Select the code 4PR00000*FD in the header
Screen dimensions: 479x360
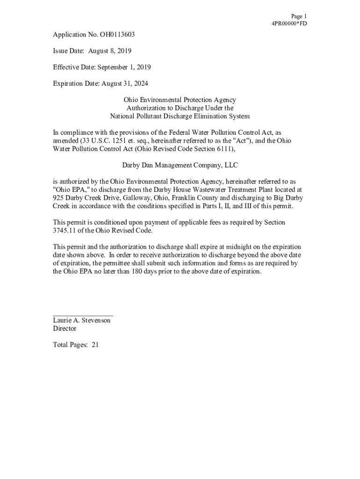(289, 23)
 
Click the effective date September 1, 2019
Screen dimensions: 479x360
(124, 67)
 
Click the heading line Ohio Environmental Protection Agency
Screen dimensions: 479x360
(180, 100)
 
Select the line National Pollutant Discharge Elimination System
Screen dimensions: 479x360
(180, 116)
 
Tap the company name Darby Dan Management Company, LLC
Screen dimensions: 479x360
(180, 165)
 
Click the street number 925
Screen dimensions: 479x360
(58, 198)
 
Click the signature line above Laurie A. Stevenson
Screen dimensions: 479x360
(83, 316)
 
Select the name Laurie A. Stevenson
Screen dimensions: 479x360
(82, 320)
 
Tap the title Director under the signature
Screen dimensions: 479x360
(65, 328)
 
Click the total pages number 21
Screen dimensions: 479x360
(95, 345)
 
